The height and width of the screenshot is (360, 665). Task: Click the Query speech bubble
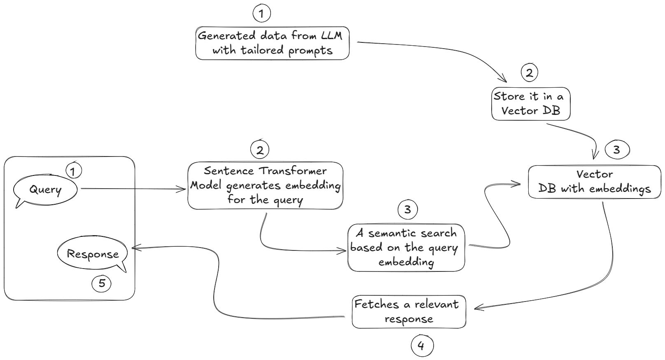[45, 190]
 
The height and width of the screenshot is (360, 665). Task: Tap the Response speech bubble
[92, 254]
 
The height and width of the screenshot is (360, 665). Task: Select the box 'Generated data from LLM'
[272, 43]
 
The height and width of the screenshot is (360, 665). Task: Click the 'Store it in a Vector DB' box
[530, 104]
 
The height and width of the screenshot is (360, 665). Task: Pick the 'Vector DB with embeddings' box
[594, 182]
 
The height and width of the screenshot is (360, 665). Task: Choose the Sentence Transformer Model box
[265, 185]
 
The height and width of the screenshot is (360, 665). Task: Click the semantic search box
[406, 247]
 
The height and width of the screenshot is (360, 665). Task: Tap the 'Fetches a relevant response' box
[408, 311]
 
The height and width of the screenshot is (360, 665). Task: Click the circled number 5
[101, 283]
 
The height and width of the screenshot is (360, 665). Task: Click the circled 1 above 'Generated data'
[261, 14]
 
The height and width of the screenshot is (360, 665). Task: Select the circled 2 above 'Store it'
[529, 72]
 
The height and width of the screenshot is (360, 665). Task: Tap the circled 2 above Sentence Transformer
[259, 150]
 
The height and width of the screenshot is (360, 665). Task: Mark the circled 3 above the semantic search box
[407, 210]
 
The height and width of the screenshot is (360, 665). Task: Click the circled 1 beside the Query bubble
[73, 171]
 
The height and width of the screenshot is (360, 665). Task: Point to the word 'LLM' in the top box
[331, 36]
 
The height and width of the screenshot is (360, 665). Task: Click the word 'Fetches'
[376, 304]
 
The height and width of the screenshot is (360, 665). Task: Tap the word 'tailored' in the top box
[262, 50]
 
